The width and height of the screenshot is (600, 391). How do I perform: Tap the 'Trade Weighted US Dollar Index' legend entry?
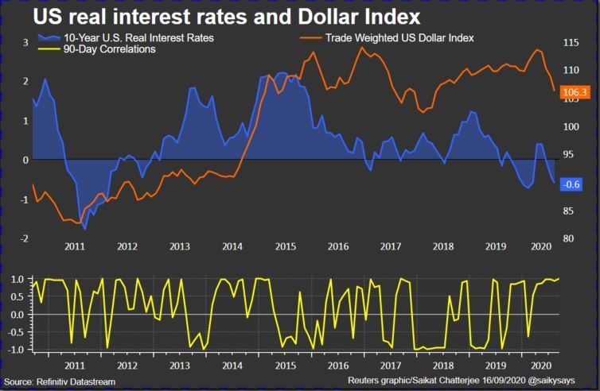tap(397, 37)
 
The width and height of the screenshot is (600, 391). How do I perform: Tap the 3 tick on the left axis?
tap(25, 41)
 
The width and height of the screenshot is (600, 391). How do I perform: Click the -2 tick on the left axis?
tap(25, 238)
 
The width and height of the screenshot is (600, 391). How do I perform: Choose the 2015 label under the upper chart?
tap(285, 246)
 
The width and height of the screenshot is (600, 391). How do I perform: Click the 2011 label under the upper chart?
tap(75, 246)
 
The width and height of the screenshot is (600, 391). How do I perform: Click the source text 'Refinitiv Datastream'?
tap(73, 382)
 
